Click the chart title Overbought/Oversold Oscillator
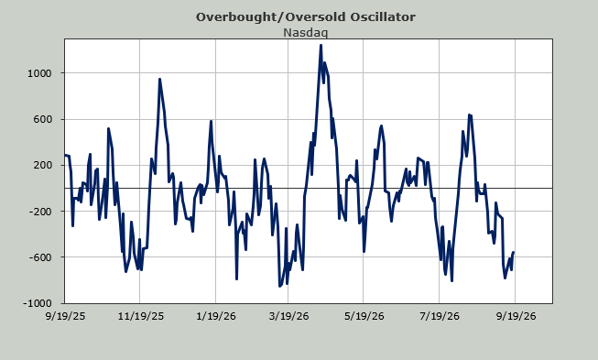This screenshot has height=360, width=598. (306, 17)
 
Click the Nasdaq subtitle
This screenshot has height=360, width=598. (306, 33)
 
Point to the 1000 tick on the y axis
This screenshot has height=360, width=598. (39, 73)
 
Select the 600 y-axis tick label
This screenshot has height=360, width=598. (42, 119)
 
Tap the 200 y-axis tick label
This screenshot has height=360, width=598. (42, 165)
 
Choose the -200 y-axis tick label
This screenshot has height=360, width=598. (40, 212)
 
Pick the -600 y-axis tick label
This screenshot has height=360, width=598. (40, 257)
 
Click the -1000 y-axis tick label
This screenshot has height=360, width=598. (38, 303)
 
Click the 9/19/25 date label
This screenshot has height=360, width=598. (65, 317)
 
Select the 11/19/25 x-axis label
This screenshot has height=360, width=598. (141, 317)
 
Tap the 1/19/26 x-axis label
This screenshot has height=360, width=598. (216, 317)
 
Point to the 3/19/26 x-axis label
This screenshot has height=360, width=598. (288, 317)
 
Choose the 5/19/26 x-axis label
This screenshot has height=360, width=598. (364, 317)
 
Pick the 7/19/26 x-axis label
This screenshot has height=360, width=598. (440, 317)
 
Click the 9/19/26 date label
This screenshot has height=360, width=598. (516, 317)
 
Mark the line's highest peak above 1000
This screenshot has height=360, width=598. (321, 46)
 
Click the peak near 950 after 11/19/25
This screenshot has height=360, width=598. (159, 80)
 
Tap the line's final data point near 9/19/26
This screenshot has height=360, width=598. (514, 252)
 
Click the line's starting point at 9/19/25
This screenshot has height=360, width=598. (65, 155)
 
